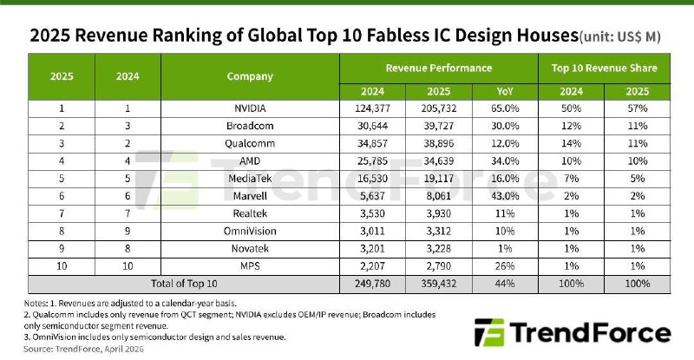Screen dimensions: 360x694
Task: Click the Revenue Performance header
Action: (438, 67)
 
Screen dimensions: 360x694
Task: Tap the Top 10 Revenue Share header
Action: (604, 67)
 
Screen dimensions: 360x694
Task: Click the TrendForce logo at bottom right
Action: (573, 333)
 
